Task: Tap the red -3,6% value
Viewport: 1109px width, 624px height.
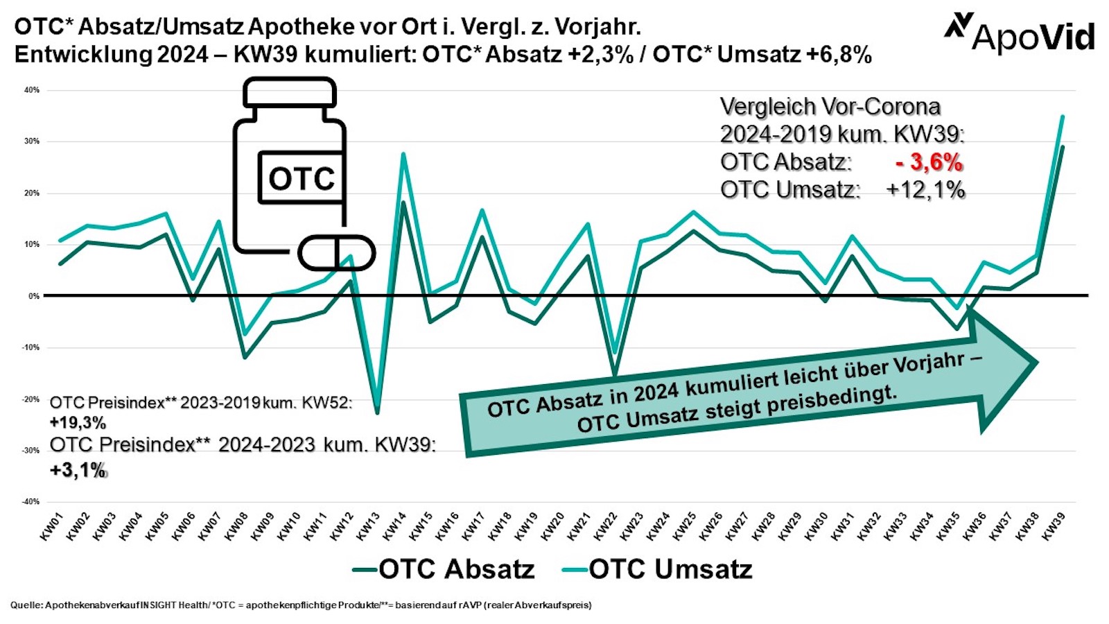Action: tap(929, 162)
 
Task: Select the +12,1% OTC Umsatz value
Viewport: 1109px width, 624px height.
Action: tap(925, 190)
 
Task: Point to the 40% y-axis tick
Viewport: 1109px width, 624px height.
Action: tap(32, 90)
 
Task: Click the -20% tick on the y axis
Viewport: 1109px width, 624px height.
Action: tap(30, 399)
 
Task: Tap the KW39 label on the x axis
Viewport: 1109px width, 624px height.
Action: tap(1054, 526)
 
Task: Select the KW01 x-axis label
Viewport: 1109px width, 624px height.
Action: tap(52, 526)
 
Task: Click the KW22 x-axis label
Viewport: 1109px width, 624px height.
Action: tap(606, 526)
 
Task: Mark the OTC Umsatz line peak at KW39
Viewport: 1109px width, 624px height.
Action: tap(1063, 116)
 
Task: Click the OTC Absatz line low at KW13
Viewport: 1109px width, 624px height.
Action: tap(377, 413)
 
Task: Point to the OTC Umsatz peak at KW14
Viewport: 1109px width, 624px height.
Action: tap(403, 154)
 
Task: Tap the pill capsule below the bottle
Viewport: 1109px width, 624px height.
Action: tap(336, 253)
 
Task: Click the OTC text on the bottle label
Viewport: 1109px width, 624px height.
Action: tap(302, 178)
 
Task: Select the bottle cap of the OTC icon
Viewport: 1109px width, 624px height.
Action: tap(290, 92)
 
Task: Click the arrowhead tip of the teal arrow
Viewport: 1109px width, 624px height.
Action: tap(1036, 362)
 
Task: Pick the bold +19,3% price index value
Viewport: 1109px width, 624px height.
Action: tap(78, 422)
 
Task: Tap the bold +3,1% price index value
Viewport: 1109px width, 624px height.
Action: tap(78, 470)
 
